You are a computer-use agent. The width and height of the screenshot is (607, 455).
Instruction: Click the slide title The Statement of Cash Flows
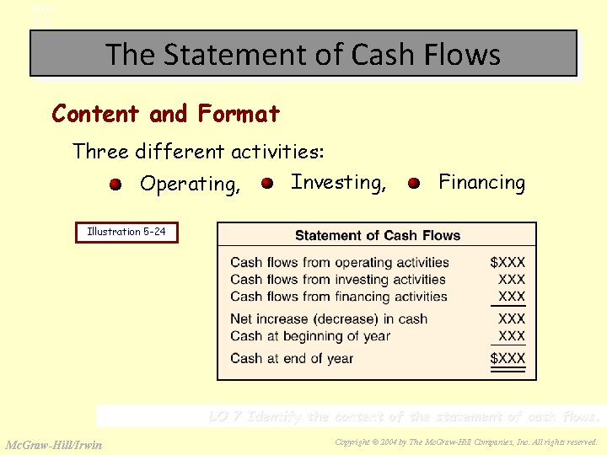tap(303, 55)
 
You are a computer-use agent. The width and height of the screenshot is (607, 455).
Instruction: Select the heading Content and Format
tap(165, 113)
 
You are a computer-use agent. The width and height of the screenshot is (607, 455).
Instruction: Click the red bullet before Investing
tap(266, 183)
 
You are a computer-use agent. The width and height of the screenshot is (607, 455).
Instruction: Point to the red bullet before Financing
tap(414, 183)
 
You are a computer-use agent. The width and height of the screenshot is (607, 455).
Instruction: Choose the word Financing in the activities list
tap(481, 182)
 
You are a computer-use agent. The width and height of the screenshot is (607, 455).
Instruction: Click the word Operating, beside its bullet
tap(191, 184)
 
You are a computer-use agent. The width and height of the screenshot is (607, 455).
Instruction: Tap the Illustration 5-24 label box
tap(127, 232)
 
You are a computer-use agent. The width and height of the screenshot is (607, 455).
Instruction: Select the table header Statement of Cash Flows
tap(377, 235)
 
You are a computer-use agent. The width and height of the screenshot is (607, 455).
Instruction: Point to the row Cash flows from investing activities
tap(337, 280)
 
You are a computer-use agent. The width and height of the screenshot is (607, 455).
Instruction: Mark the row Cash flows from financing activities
tap(338, 297)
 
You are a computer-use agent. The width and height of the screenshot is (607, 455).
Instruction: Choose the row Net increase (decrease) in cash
tap(329, 319)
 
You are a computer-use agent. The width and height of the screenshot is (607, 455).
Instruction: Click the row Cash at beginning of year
tap(310, 336)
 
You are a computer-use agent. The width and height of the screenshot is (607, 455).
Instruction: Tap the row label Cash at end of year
tap(292, 358)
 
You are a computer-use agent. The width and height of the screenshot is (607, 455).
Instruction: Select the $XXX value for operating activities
tap(508, 263)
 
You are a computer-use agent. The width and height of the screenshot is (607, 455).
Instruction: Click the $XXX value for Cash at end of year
tap(508, 358)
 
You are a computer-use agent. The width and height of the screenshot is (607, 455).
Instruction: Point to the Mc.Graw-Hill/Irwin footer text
tap(54, 445)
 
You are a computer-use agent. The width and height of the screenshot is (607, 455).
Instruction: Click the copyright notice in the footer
tap(465, 442)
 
